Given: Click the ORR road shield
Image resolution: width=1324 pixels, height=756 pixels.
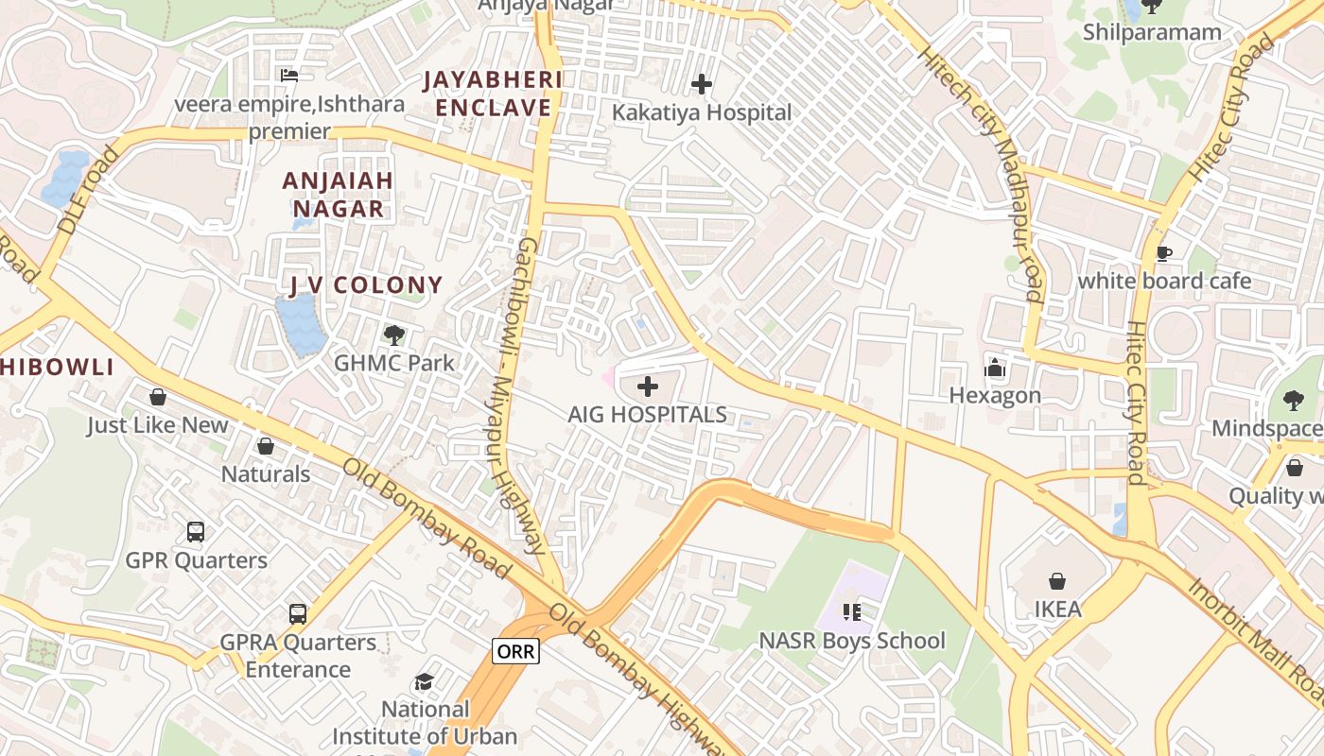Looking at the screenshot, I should pyautogui.click(x=515, y=650).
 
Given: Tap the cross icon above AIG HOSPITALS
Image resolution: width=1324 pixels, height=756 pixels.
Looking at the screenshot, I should pyautogui.click(x=648, y=386).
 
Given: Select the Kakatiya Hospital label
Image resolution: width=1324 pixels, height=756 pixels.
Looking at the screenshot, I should pyautogui.click(x=701, y=112).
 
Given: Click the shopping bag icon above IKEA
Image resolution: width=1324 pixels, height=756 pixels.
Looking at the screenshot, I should pyautogui.click(x=1056, y=581).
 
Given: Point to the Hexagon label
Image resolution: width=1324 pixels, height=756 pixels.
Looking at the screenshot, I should pyautogui.click(x=995, y=395).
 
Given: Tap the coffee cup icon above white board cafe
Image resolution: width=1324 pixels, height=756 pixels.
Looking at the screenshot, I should pyautogui.click(x=1164, y=253).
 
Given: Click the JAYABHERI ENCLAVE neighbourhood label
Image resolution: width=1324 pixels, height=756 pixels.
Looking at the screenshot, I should pyautogui.click(x=492, y=93).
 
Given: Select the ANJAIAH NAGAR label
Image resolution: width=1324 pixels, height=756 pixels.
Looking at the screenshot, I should pyautogui.click(x=338, y=194).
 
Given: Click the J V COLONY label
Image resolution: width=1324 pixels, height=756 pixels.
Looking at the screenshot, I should pyautogui.click(x=366, y=284).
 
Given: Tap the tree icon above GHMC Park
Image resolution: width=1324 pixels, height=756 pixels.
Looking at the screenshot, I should pyautogui.click(x=394, y=335).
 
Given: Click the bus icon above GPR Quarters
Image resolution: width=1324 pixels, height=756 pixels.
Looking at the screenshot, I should pyautogui.click(x=196, y=531).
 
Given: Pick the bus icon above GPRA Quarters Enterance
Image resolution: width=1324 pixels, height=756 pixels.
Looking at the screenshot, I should pyautogui.click(x=298, y=613).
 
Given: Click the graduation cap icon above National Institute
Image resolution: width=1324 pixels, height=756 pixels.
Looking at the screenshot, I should pyautogui.click(x=425, y=681).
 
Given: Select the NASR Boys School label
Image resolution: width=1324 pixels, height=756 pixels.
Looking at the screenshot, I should pyautogui.click(x=851, y=641).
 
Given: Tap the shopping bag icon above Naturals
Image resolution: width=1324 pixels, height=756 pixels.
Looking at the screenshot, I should pyautogui.click(x=266, y=445).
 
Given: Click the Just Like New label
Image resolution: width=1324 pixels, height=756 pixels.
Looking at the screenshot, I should pyautogui.click(x=158, y=425).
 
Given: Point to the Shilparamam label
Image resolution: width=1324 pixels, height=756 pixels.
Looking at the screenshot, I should pyautogui.click(x=1152, y=32).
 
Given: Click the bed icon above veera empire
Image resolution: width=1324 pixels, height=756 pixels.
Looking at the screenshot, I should pyautogui.click(x=289, y=75).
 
